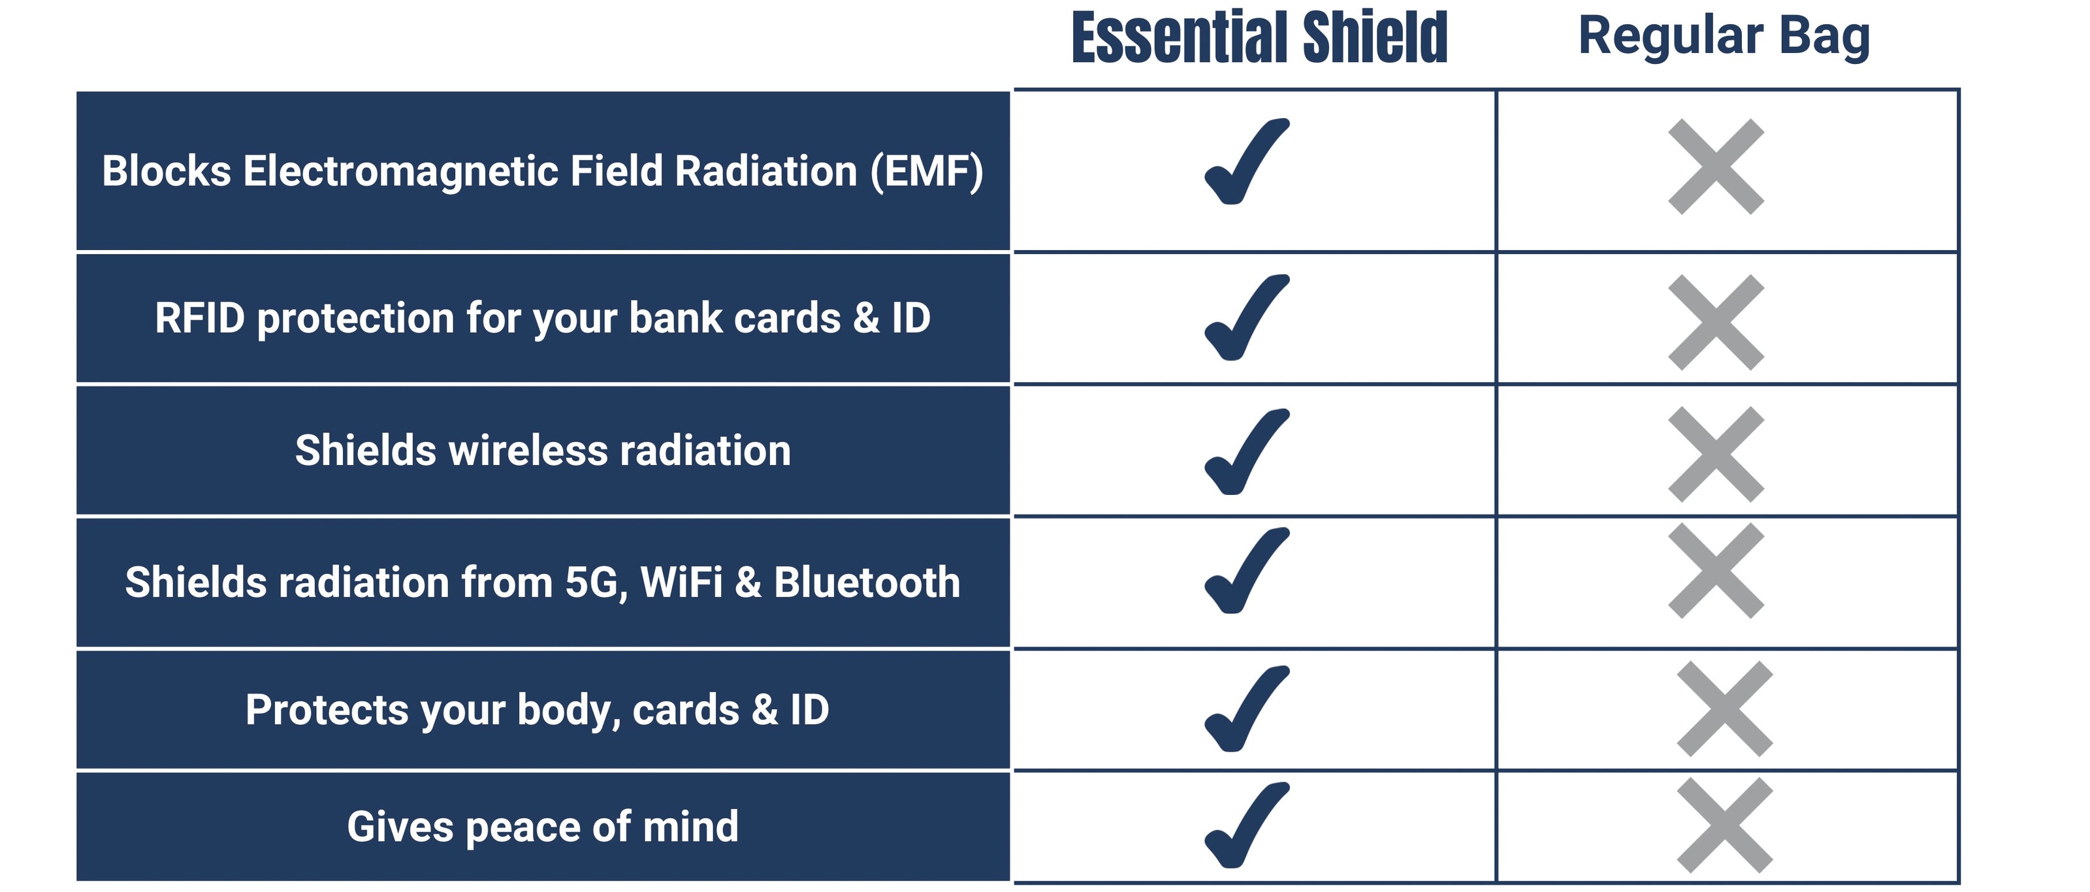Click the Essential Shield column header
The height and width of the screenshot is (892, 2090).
(x=1259, y=37)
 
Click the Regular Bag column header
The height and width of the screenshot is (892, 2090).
(x=1724, y=37)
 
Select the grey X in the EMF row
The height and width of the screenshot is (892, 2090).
(x=1716, y=167)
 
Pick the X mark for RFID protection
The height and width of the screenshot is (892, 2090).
(x=1716, y=323)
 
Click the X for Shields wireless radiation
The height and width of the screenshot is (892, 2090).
(x=1716, y=454)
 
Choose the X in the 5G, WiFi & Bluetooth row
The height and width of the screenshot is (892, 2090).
(x=1716, y=571)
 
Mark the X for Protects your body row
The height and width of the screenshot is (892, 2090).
(x=1725, y=709)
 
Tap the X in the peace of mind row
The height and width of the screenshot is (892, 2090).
(x=1725, y=825)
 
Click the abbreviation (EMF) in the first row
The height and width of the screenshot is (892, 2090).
(x=927, y=172)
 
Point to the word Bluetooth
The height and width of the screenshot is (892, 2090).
(x=867, y=582)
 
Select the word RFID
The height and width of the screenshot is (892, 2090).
(x=200, y=318)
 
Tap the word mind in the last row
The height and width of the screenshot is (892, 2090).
(x=690, y=826)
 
